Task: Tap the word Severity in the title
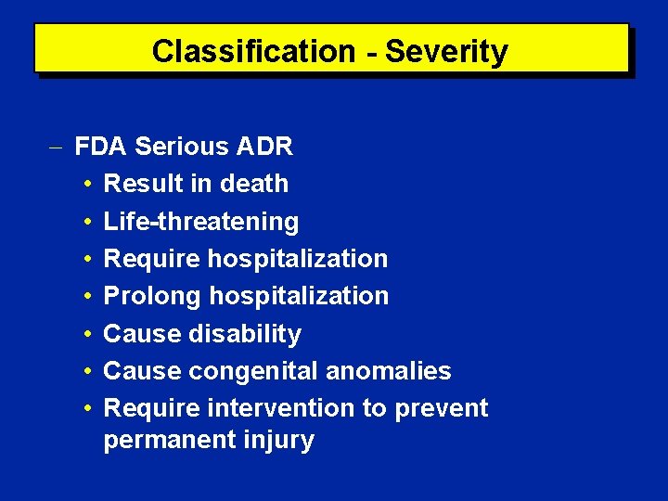click(x=446, y=51)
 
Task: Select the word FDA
click(x=102, y=147)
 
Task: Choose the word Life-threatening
click(x=201, y=222)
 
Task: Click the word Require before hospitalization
click(x=152, y=259)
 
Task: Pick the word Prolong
click(x=152, y=297)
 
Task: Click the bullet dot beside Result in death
click(x=85, y=185)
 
